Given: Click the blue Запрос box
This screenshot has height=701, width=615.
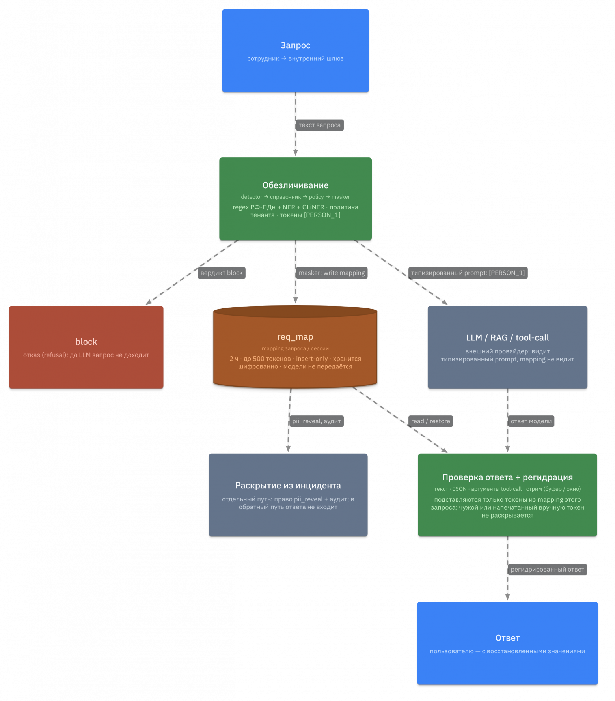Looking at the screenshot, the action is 295,51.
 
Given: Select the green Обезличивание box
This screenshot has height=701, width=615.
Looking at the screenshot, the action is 295,199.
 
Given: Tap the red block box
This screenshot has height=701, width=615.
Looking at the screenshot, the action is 86,347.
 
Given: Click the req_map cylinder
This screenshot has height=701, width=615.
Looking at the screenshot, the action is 295,347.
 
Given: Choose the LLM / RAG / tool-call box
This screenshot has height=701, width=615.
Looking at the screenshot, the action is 507,347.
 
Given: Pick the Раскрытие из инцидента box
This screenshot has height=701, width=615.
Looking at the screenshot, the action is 288,495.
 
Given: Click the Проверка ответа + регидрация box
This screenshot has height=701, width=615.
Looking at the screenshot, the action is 507,495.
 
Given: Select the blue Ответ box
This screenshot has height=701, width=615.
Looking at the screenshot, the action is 507,643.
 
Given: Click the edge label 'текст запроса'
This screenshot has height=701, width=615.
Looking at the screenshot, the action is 320,125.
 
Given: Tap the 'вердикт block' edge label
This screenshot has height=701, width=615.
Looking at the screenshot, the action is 222,273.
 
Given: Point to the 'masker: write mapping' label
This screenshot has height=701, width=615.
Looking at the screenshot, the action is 332,273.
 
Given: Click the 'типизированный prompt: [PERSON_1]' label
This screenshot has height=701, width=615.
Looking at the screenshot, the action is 468,273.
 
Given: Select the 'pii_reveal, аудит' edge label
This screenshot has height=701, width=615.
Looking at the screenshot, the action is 317,421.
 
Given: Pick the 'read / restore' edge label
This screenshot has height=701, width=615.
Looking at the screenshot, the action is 430,421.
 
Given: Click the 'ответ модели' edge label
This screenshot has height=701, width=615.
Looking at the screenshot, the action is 531,421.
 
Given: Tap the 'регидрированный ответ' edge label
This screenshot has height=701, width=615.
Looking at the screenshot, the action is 547,570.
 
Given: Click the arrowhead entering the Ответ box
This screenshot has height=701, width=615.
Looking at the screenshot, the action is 507,598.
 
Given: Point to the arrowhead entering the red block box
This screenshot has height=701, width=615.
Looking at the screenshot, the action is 149,302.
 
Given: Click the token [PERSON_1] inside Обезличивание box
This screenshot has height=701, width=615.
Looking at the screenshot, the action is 322,215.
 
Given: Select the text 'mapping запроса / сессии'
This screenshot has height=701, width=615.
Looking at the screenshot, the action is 295,348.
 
